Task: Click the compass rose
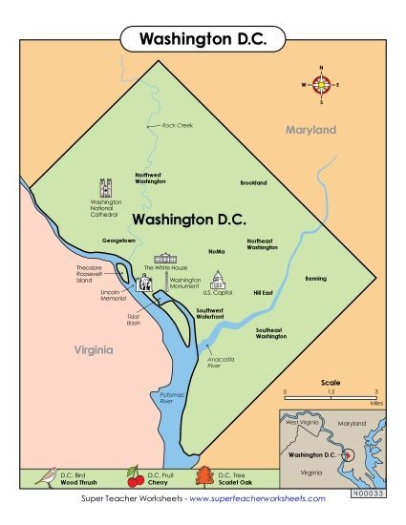click(321, 85)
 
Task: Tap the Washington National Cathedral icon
click(106, 186)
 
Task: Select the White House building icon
click(166, 258)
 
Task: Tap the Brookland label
click(253, 182)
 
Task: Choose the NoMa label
click(216, 251)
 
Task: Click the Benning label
click(315, 279)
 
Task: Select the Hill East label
click(263, 292)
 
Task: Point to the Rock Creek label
click(178, 125)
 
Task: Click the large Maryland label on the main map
click(311, 129)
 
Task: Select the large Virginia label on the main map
click(94, 350)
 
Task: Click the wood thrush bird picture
click(44, 476)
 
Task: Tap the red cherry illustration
click(135, 477)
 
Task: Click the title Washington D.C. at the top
click(203, 39)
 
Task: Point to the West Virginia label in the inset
click(300, 422)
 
